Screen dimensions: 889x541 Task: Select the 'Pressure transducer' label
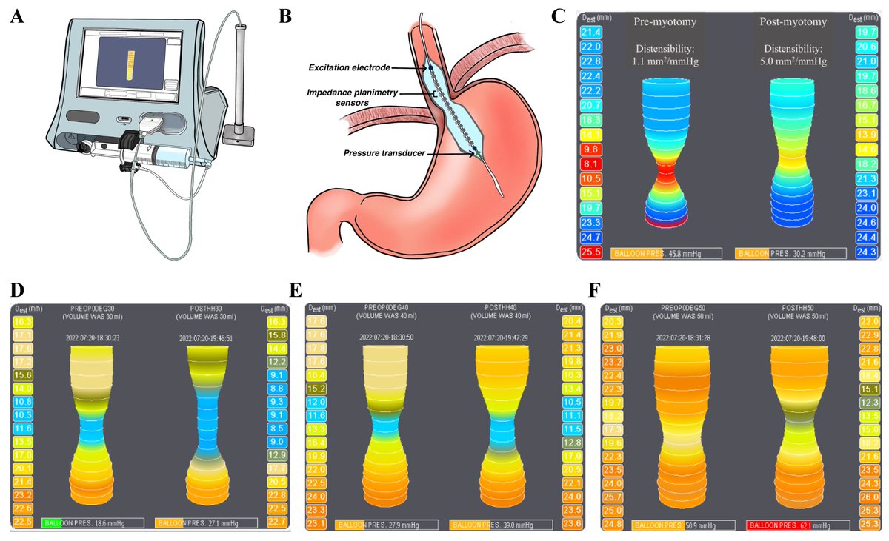[384, 153]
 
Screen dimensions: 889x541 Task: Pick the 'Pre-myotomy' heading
[664, 22]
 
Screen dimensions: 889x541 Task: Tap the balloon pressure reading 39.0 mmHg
[512, 524]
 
